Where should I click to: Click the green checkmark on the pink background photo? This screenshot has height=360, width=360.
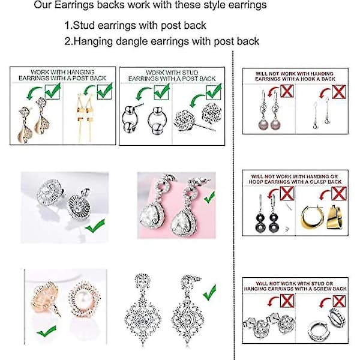tap(209, 197)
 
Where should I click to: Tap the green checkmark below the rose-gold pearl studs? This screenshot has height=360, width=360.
tap(47, 331)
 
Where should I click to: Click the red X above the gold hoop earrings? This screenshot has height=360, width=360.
tap(338, 193)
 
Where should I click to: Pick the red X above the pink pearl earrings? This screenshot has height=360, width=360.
tap(287, 91)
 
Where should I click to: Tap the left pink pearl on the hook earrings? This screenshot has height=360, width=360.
tap(263, 125)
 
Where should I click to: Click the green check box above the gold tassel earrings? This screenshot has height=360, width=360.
tap(104, 92)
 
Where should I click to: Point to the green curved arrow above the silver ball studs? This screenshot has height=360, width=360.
tap(143, 93)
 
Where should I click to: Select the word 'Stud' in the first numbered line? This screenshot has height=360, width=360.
tap(83, 25)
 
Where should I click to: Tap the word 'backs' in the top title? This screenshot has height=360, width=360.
tap(111, 5)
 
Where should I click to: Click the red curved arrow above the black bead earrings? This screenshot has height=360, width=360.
tap(273, 193)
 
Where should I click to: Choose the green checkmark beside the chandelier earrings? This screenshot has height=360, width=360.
tap(209, 293)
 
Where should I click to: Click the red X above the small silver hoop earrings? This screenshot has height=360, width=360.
tap(339, 301)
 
